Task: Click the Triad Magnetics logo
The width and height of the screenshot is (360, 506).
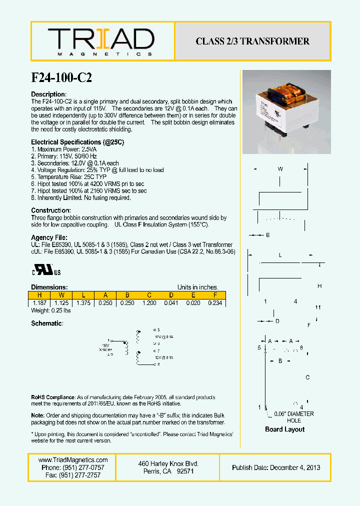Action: click(x=101, y=41)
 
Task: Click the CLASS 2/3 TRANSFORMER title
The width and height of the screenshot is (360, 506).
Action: click(x=252, y=41)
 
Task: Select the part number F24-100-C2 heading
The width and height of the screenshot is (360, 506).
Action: click(x=61, y=77)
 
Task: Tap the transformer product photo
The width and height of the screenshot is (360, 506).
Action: click(x=286, y=112)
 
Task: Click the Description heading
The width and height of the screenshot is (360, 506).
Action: click(x=48, y=94)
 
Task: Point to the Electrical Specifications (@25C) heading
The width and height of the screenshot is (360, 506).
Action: click(x=77, y=142)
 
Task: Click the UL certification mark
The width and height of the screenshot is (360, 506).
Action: click(x=47, y=271)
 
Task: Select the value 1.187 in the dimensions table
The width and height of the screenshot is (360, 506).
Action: click(x=39, y=303)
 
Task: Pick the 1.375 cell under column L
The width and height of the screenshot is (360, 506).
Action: click(x=83, y=303)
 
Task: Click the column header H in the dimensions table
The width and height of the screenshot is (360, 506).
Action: click(x=39, y=295)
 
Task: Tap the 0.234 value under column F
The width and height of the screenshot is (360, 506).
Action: click(x=214, y=303)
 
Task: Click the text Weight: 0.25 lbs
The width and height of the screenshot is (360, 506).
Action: click(x=51, y=310)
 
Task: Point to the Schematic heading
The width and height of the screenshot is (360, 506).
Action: click(x=47, y=323)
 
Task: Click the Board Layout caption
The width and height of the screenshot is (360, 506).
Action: click(x=284, y=429)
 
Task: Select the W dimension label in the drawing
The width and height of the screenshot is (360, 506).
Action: click(x=280, y=169)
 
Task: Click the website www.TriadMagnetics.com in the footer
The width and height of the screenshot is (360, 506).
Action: click(x=73, y=460)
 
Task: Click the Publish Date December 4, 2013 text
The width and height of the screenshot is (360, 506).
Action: click(x=276, y=467)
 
